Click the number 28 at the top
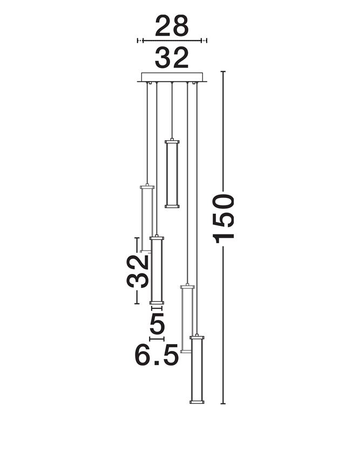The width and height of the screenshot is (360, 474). coord(172,25)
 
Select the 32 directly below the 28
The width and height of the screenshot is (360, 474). coord(172,58)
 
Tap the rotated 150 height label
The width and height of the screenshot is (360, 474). coord(225,218)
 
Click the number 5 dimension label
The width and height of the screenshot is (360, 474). coord(157,324)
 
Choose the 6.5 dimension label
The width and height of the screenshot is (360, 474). coord(156,355)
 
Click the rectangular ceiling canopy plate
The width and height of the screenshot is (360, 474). coord(172,77)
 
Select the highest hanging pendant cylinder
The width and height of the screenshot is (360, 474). coord(172,173)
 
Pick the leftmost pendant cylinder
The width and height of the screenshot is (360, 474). coord(146,218)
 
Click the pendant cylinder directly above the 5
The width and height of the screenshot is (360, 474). coord(157,270)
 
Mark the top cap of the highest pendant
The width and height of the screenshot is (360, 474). coord(172,141)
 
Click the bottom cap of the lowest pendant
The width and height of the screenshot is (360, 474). coord(197,402)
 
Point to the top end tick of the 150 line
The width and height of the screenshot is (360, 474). coord(223,72)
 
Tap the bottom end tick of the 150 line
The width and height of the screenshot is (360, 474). coord(223,403)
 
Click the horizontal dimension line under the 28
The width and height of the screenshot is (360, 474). coord(172,40)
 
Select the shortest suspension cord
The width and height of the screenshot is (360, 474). coord(172,111)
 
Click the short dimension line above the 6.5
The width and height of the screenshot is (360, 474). coord(157,339)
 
